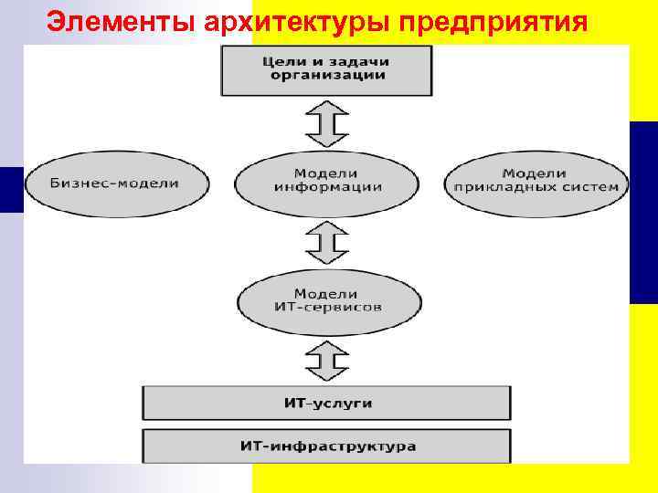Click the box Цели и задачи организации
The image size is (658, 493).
coord(326,69)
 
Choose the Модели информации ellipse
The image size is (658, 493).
coord(326,181)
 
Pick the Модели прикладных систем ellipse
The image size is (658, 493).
coord(536,181)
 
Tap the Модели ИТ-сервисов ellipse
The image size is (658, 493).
coord(328,301)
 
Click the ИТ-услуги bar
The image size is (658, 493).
coord(326,403)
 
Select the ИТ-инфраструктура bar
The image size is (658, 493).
coord(326,446)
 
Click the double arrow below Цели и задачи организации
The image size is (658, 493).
coord(326,123)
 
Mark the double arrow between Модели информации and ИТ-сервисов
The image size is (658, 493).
coord(326,242)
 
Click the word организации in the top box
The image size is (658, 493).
coord(326,77)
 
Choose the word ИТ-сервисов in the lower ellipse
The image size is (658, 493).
coord(328,308)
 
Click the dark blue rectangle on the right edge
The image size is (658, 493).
coord(643,212)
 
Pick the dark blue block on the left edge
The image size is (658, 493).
coord(11,189)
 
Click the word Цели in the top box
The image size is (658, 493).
coord(282,61)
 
